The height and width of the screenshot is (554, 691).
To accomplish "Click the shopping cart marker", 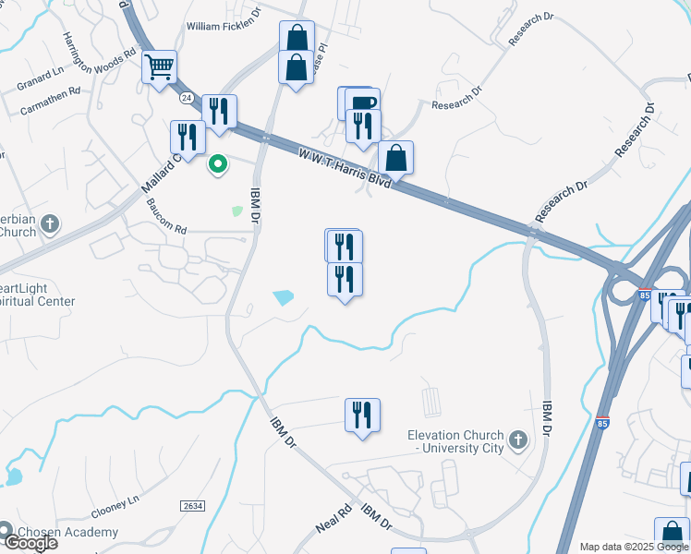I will pos(160,66).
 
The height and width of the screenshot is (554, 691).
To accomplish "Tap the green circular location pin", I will pos(218,165).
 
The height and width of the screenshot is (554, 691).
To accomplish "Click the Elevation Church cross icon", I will pos(517,440).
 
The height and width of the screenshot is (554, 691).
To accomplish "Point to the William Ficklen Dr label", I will pos(224,27).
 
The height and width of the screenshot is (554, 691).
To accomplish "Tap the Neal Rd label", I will pos(333,518).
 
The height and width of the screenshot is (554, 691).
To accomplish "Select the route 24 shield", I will pos(187,96).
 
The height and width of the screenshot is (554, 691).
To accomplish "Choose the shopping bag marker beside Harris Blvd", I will pos(395,158).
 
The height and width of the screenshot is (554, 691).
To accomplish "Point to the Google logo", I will pos(30,544).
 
